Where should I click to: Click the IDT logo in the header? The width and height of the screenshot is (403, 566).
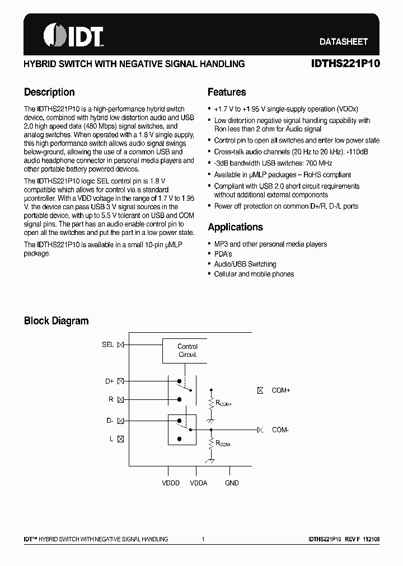pos(73,36)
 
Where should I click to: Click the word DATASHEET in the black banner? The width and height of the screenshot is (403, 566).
pos(343,41)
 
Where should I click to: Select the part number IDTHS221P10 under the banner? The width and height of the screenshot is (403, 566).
pos(345,64)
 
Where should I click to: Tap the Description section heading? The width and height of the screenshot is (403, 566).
pos(49,92)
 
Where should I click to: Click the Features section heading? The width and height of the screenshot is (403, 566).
pos(227,92)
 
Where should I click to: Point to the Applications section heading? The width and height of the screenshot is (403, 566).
pos(235,227)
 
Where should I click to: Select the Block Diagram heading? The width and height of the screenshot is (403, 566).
pos(56,321)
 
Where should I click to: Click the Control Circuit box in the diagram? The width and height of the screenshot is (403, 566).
pos(188,351)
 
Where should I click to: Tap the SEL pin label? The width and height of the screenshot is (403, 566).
pos(108,345)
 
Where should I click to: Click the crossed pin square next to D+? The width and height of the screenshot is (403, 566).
pos(120,381)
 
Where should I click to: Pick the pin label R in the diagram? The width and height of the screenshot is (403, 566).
pos(111,399)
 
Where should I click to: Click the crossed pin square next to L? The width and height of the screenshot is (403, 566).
pos(120,440)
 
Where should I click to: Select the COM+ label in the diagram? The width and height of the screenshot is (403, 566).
pos(281,390)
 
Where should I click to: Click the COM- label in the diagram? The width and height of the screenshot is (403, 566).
pos(280,430)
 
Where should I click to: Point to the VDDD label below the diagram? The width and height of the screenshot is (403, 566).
pos(170,483)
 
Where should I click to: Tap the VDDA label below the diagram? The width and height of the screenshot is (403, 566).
pos(199,483)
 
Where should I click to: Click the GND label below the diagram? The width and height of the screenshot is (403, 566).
pos(232,483)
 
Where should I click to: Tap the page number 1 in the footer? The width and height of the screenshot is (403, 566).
pos(203,539)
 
